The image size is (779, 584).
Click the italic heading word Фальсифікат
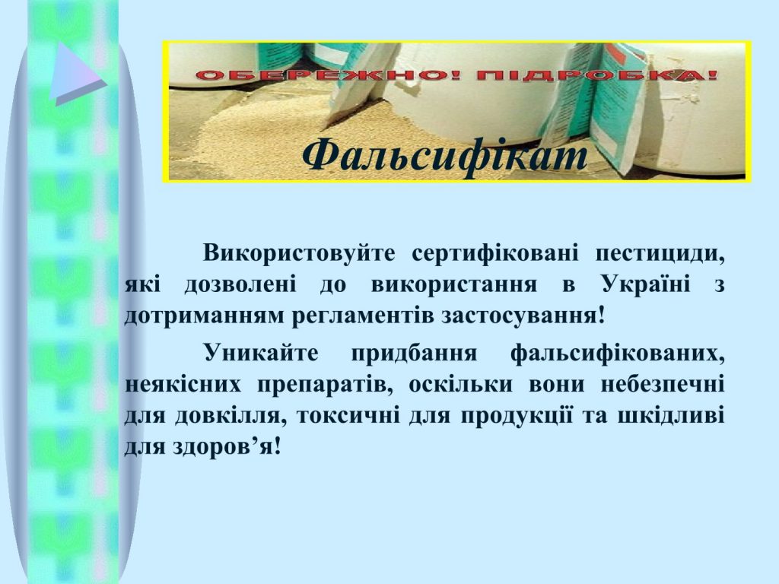[444, 154]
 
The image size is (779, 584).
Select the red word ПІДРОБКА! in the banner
[596, 75]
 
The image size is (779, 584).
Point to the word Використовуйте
[299, 253]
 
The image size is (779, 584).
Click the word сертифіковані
[495, 253]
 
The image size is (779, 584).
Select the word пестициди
[660, 254]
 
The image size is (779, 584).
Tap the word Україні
[645, 284]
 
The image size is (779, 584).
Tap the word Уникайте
[261, 353]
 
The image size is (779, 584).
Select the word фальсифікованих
[618, 354]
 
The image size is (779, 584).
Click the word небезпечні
[663, 384]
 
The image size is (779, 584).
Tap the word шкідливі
[671, 415]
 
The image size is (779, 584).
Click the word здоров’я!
[227, 446]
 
